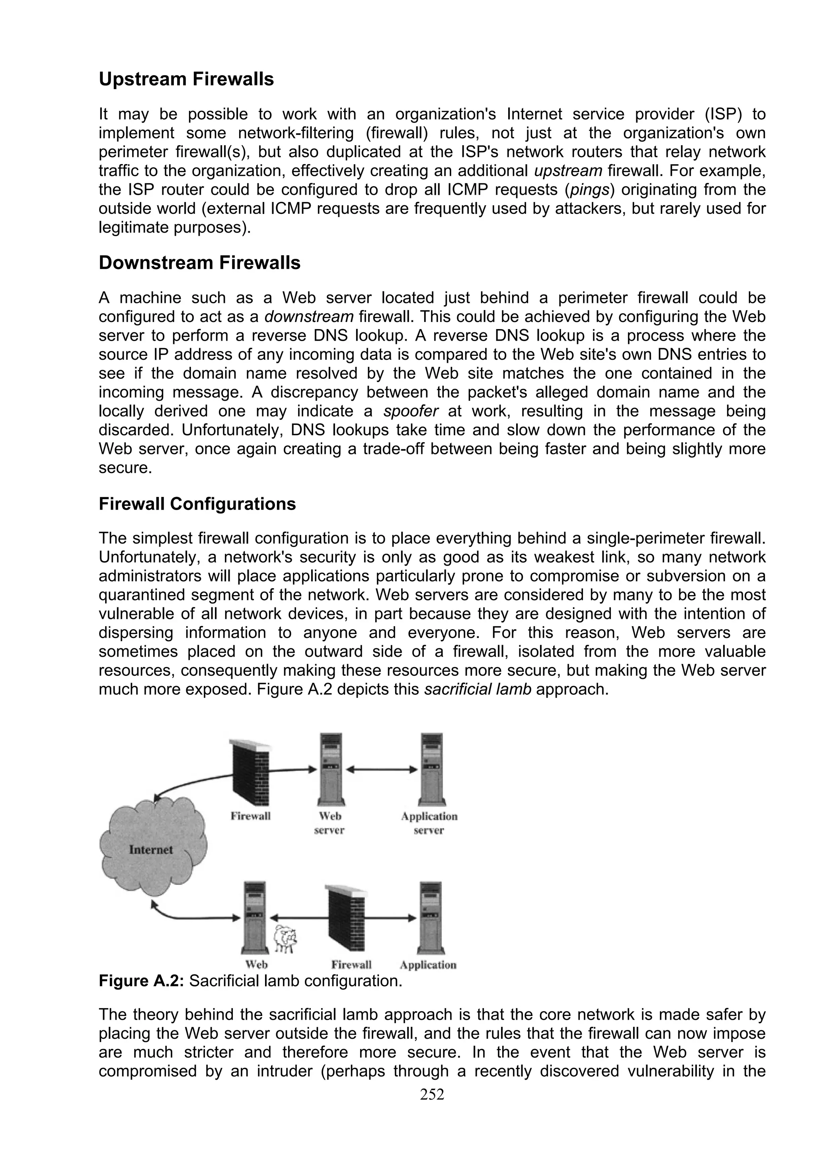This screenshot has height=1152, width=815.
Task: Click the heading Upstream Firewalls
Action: pyautogui.click(x=186, y=79)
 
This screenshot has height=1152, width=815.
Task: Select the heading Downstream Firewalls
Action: pyautogui.click(x=199, y=263)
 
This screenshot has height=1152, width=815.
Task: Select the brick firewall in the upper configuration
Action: pyautogui.click(x=250, y=773)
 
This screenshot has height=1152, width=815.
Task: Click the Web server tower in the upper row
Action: pyautogui.click(x=330, y=769)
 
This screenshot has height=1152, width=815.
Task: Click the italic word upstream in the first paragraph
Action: pyautogui.click(x=568, y=171)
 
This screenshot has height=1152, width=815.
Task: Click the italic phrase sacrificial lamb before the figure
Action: pyautogui.click(x=478, y=689)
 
